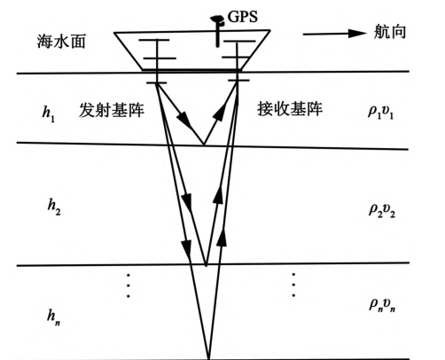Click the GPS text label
pos(242,16)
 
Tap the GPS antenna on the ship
pos(217,31)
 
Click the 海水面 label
pos(61,41)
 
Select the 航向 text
pos(390,32)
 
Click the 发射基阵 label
pos(112,110)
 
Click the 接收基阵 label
pos(290,109)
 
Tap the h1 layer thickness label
pos(49,113)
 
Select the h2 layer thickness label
pos(54,207)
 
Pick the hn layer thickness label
pos(54,317)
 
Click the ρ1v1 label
pos(380,113)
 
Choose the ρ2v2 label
pos(382,211)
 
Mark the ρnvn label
pos(382,305)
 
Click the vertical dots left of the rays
pos(129,286)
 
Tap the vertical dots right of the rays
pos(293,285)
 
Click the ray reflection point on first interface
pos(203,145)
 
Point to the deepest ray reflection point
pos(209,358)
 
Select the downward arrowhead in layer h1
pos(183,119)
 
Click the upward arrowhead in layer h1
pos(220,112)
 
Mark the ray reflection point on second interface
pos(206,264)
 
